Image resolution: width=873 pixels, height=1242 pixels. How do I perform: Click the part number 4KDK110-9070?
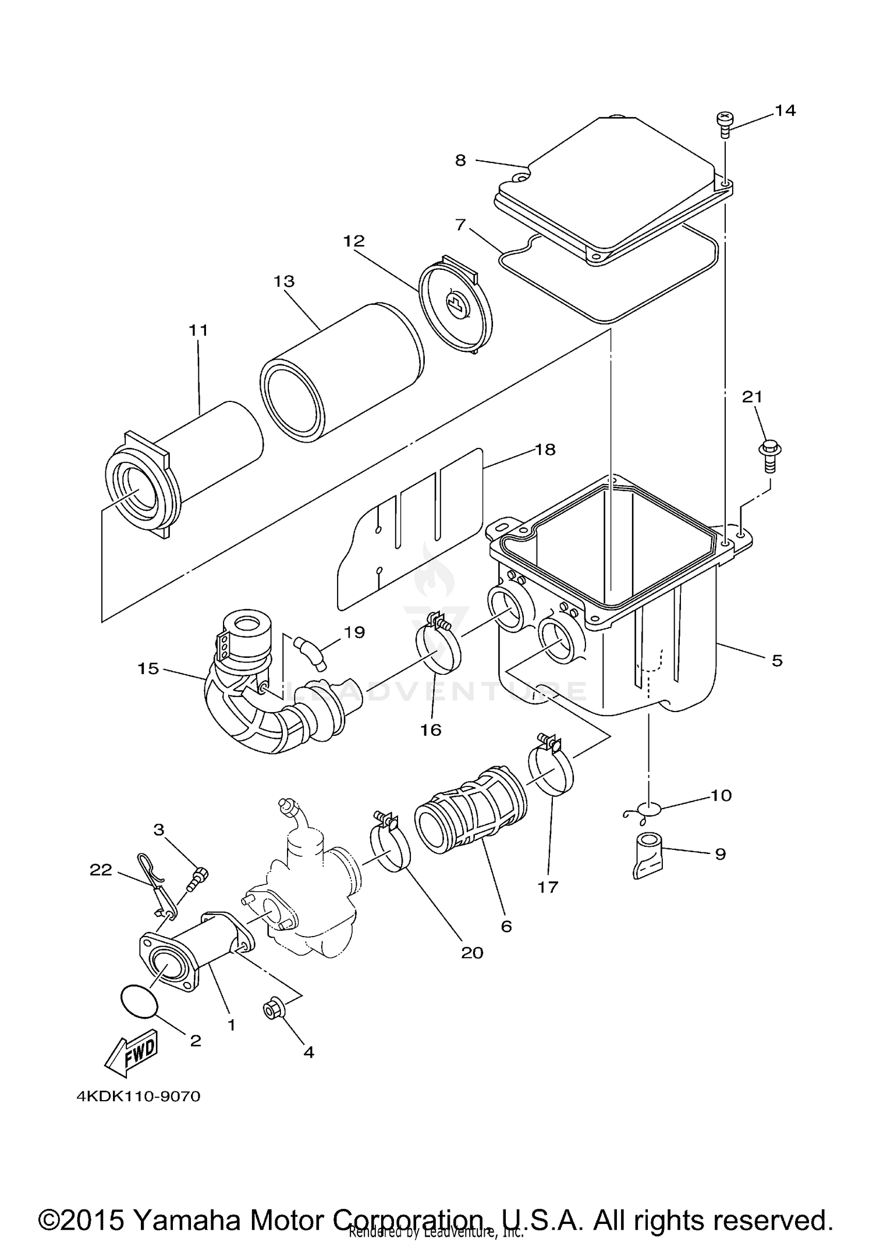tap(139, 1097)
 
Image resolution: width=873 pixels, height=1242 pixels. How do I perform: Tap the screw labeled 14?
tap(724, 124)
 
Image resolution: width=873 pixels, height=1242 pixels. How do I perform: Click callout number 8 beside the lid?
tap(460, 160)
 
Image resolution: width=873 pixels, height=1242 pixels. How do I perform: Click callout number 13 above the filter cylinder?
tap(284, 282)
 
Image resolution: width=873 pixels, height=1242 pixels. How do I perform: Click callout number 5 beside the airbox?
tap(777, 660)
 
